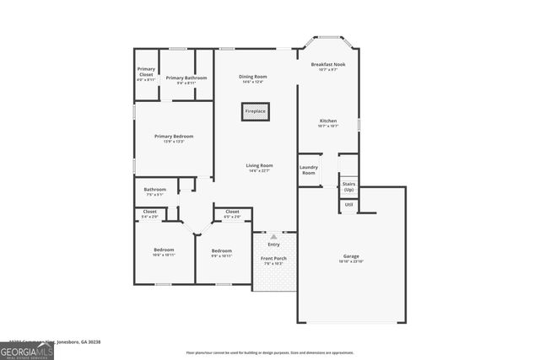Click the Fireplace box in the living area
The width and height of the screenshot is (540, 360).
click(x=255, y=110)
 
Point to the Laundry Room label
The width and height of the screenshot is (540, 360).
click(x=309, y=169)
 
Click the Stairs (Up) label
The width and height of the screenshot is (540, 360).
click(x=348, y=186)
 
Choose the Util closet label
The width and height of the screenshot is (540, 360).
click(x=348, y=205)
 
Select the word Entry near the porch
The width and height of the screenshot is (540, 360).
click(x=273, y=244)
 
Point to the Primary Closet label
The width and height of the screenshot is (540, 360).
click(x=147, y=73)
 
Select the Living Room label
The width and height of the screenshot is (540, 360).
click(x=259, y=165)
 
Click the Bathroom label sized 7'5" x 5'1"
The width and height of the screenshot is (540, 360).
click(x=154, y=190)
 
